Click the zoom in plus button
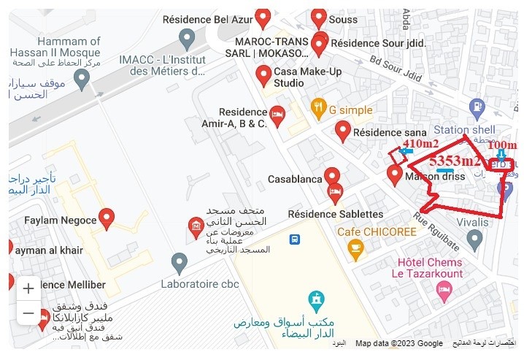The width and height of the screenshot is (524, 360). pyautogui.click(x=28, y=288)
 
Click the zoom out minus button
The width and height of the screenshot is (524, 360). pyautogui.click(x=28, y=313)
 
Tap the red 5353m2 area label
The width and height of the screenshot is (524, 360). pyautogui.click(x=454, y=161)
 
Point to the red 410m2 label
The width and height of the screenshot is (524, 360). pyautogui.click(x=421, y=142)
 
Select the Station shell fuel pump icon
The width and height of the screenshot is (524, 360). pyautogui.click(x=477, y=107)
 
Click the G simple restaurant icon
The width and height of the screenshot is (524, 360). pyautogui.click(x=317, y=110)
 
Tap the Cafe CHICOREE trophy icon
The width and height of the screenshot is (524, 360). pyautogui.click(x=355, y=250)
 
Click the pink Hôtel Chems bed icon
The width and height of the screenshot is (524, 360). pyautogui.click(x=443, y=290)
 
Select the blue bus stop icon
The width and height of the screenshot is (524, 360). pyautogui.click(x=294, y=239)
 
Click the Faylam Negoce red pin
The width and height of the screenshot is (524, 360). pyautogui.click(x=107, y=217)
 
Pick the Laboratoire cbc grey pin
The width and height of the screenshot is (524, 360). pyautogui.click(x=180, y=262)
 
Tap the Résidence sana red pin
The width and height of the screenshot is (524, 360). pyautogui.click(x=343, y=131)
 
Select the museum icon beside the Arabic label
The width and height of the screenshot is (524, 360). pyautogui.click(x=196, y=227)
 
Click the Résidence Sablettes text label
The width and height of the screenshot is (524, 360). pyautogui.click(x=335, y=214)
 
